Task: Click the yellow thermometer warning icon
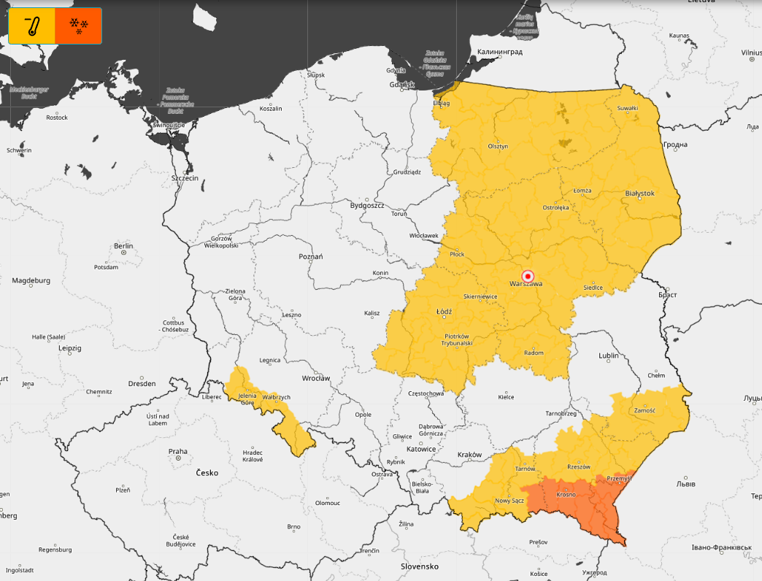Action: tap(31, 26)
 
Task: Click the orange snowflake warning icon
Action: tap(78, 26)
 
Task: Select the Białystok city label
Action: tap(639, 193)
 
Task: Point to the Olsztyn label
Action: tap(498, 146)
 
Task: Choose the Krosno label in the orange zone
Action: tap(566, 494)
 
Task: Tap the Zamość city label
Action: tap(644, 410)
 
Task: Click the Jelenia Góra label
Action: tap(247, 399)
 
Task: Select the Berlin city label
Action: tap(123, 247)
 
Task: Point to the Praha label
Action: tap(177, 451)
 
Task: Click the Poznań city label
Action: tap(310, 257)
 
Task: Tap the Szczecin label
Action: tap(185, 178)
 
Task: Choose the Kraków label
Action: tap(469, 455)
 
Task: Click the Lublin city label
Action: tap(608, 355)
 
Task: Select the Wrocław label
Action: tap(316, 378)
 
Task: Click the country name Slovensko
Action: tap(419, 566)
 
